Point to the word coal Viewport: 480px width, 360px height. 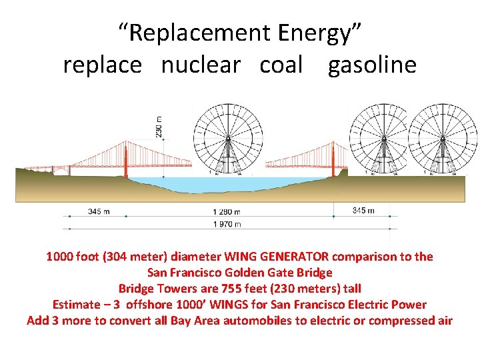[x=281, y=65]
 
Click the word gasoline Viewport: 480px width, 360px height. [x=372, y=65]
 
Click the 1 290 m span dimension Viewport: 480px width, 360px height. [x=227, y=212]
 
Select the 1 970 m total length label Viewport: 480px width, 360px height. [x=227, y=225]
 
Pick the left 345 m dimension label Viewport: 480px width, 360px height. [x=99, y=212]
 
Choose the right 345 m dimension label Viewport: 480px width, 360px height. [x=363, y=211]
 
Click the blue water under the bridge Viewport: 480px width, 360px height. [x=227, y=185]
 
